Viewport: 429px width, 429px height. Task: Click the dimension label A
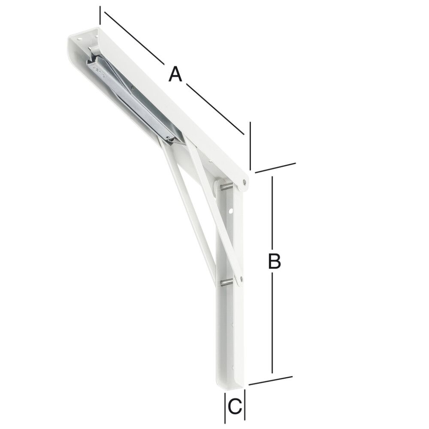pyautogui.click(x=175, y=74)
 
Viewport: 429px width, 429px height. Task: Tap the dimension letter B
pyautogui.click(x=274, y=261)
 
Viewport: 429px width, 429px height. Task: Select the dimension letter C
pyautogui.click(x=235, y=406)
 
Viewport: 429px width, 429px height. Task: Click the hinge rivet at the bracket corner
pyautogui.click(x=244, y=182)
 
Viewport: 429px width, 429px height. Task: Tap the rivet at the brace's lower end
pyautogui.click(x=239, y=280)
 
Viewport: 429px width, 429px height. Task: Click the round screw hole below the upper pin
pyautogui.click(x=231, y=211)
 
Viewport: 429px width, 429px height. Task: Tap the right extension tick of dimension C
pyautogui.click(x=245, y=406)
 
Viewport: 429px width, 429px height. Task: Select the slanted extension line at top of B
pyautogui.click(x=275, y=168)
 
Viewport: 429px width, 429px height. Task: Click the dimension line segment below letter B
pyautogui.click(x=272, y=322)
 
